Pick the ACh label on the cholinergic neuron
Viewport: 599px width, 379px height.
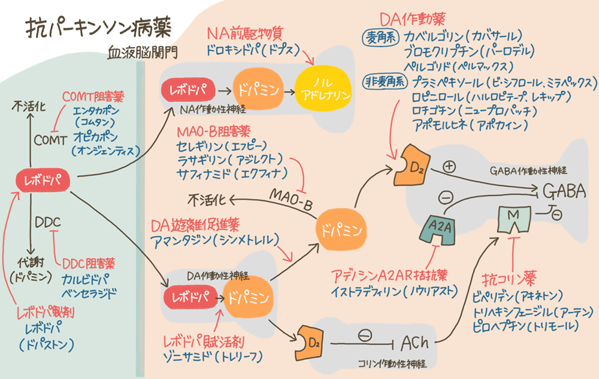[x=415, y=343]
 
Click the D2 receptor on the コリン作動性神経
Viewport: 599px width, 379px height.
[x=309, y=343]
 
